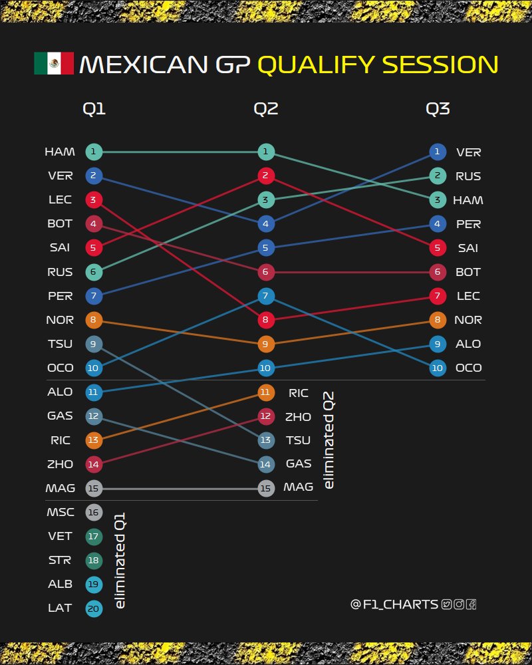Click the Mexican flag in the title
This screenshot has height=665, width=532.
[54, 64]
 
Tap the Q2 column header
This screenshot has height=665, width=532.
[265, 109]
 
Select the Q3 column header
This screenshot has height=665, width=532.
[438, 109]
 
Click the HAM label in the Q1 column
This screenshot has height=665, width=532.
[59, 152]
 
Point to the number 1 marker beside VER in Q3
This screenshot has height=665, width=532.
[438, 152]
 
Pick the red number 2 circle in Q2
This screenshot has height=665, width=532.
[265, 176]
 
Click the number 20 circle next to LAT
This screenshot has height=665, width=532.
[94, 608]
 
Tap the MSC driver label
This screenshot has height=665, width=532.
[61, 512]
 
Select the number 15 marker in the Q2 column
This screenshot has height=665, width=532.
[265, 488]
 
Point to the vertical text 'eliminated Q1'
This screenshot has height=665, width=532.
[120, 560]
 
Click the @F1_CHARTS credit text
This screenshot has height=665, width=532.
[394, 604]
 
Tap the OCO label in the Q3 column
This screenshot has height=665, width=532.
[469, 368]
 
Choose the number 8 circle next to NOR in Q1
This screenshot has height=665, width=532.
[94, 320]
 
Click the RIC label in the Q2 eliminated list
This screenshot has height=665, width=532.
[299, 393]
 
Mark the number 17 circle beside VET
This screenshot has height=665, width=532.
[94, 536]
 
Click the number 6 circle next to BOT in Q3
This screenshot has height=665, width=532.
[438, 272]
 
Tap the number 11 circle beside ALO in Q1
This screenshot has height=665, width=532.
[94, 392]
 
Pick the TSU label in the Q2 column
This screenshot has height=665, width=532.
[299, 440]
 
